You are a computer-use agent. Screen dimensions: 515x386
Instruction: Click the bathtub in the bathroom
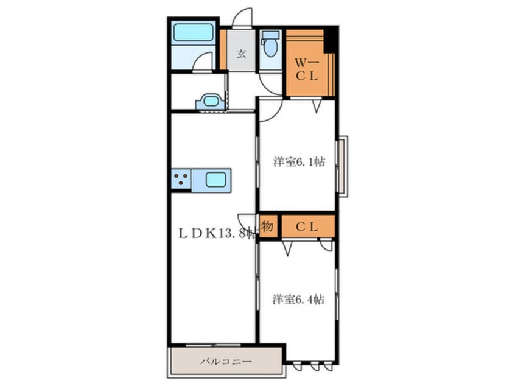coord(194,32)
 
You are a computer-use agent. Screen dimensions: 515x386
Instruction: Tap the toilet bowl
coord(271,48)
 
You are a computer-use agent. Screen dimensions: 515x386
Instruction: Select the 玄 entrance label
coord(242,53)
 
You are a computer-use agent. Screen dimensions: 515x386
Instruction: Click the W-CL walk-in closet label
coord(307,69)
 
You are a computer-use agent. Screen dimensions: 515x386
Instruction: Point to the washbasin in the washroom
coord(211,101)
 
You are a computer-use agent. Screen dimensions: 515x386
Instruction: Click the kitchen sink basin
coord(215,180)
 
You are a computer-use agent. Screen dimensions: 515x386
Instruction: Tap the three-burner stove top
coord(181,180)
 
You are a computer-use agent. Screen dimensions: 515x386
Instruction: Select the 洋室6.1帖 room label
coord(299,161)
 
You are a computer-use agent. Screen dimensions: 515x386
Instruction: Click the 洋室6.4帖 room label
coord(298,300)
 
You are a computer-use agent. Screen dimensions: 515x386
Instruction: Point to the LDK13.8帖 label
coord(218,233)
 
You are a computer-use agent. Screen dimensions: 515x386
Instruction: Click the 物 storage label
coord(267,226)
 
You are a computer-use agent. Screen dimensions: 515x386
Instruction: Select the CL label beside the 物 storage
coord(307,226)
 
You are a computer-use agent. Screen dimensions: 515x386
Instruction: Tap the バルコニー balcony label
coord(226,362)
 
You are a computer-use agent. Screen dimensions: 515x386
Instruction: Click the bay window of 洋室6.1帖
coord(343,166)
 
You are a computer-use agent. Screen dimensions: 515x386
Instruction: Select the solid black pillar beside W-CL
coord(331,40)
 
